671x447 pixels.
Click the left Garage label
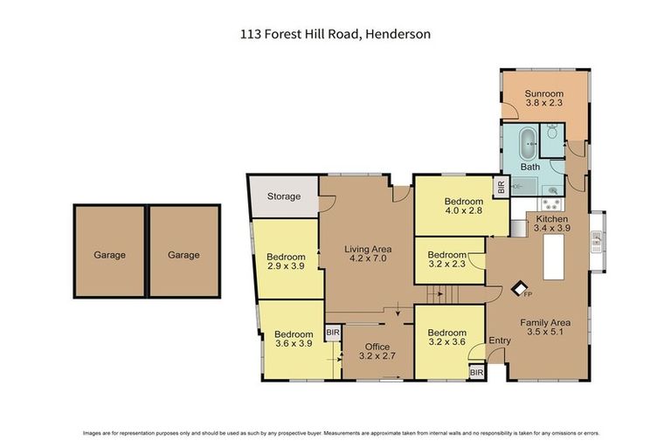point(110,255)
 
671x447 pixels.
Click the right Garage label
point(183,255)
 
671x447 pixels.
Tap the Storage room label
point(284,196)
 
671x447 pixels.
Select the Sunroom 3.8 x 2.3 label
point(543,99)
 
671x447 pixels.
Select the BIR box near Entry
point(476,373)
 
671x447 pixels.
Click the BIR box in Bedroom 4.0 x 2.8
point(501,186)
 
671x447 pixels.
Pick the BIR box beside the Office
point(332,333)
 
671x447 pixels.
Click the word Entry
point(500,340)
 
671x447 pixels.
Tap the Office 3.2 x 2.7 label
point(377,352)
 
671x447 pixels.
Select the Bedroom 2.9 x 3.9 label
point(286,262)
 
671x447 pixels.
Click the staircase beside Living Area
point(436,298)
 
